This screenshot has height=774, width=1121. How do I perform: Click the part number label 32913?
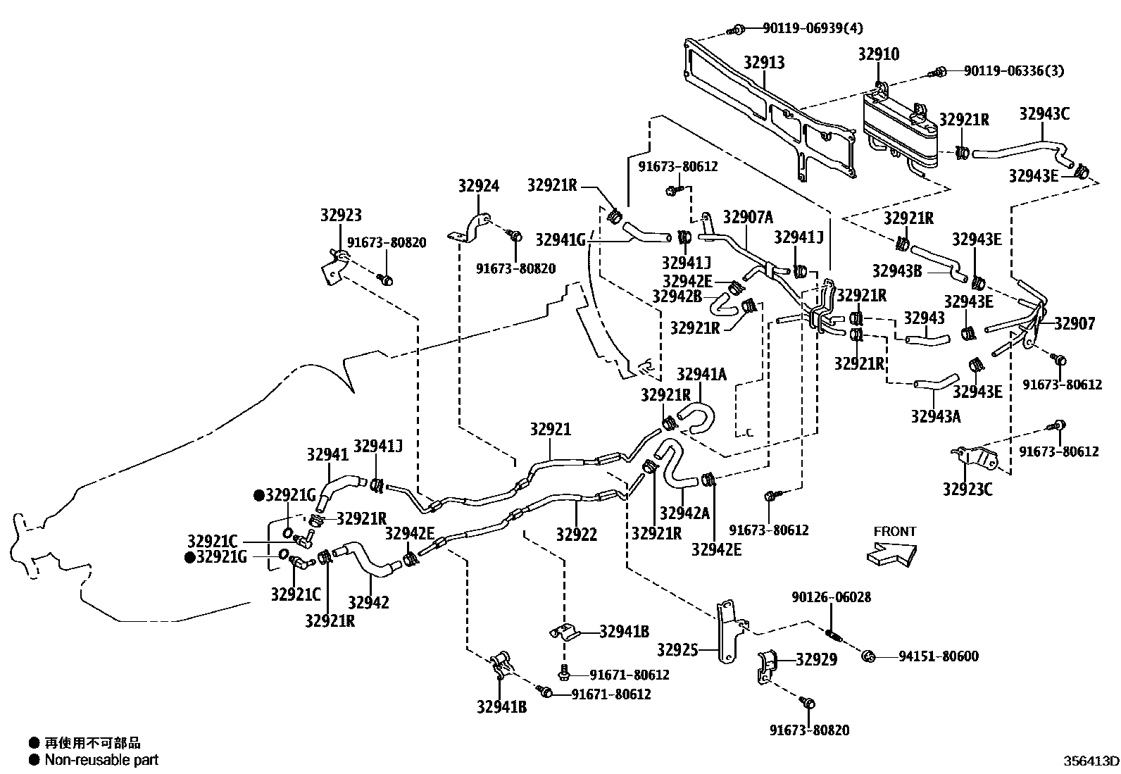click(x=764, y=63)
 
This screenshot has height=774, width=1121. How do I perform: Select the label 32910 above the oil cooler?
click(x=878, y=54)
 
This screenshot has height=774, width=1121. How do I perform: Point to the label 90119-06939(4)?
click(x=813, y=28)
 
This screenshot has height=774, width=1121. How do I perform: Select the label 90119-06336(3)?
click(x=1013, y=71)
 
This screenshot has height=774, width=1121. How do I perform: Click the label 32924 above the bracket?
click(x=478, y=186)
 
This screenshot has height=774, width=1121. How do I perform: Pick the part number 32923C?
click(x=967, y=488)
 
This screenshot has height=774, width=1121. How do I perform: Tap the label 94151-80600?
click(x=938, y=656)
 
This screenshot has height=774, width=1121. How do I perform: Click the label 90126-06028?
click(x=831, y=597)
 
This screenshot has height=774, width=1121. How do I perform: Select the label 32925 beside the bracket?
click(x=677, y=649)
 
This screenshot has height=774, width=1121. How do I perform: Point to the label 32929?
click(x=817, y=660)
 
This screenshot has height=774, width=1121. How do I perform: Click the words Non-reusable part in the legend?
click(x=101, y=760)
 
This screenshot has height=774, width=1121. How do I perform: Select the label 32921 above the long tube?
click(x=551, y=430)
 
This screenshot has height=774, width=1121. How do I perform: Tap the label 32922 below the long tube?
click(x=576, y=535)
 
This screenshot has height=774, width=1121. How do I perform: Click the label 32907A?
click(x=748, y=217)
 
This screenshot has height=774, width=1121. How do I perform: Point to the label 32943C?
click(x=1044, y=113)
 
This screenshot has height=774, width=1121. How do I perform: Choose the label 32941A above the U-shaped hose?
click(x=701, y=374)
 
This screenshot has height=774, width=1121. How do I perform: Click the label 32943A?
click(x=936, y=416)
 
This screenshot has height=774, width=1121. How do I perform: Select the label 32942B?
click(x=677, y=296)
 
